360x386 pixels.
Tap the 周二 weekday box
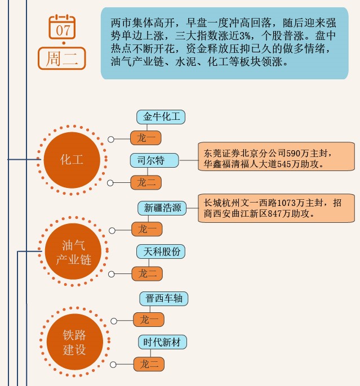(x=62, y=59)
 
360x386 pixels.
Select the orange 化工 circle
(x=72, y=160)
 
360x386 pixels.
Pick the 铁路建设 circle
(x=74, y=342)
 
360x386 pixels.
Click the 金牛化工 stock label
(x=161, y=117)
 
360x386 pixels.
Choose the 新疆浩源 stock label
(x=162, y=208)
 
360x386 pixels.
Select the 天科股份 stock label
(x=161, y=252)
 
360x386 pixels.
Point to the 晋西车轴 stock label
(x=163, y=298)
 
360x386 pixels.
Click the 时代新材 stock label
(x=163, y=342)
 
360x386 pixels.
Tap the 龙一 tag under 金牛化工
(x=146, y=138)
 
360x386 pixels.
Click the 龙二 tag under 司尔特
(x=146, y=182)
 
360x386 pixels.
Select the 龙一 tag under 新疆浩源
(x=148, y=229)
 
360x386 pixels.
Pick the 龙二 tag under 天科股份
(x=148, y=273)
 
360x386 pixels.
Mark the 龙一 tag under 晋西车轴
(x=149, y=320)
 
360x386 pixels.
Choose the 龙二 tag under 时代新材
(x=149, y=364)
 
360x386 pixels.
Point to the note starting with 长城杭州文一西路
(x=276, y=208)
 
